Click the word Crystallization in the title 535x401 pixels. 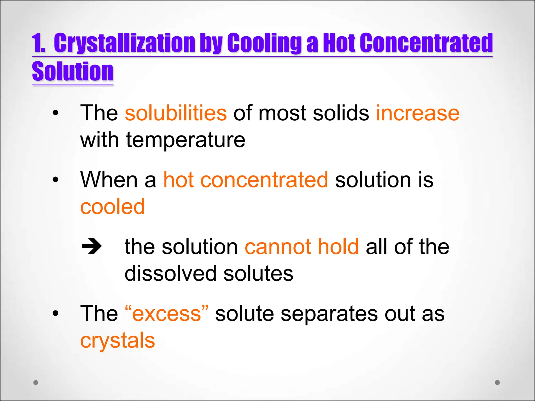124,43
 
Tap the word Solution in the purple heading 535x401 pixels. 73,72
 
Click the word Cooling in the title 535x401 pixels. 264,43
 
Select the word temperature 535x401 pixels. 186,140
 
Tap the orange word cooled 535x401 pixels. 112,207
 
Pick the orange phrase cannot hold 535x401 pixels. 301,247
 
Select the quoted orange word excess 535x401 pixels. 167,314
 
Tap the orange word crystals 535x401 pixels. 118,340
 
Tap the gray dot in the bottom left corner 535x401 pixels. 36,382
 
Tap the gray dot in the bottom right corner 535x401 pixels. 497,382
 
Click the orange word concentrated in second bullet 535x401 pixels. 264,180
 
